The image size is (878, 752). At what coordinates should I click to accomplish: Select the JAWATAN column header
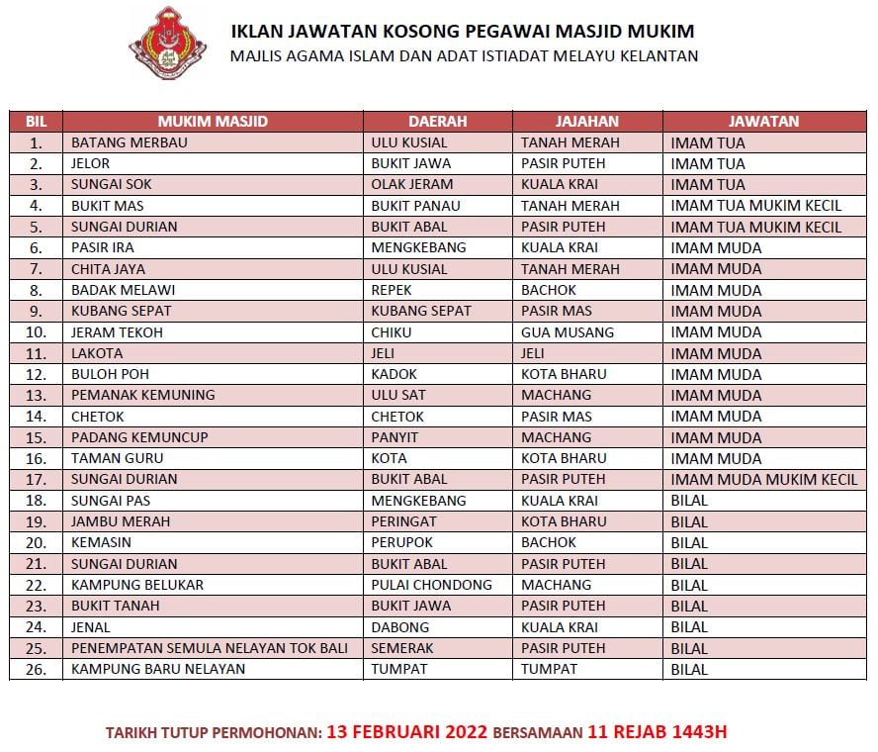(x=762, y=122)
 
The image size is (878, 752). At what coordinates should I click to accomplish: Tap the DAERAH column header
(x=437, y=122)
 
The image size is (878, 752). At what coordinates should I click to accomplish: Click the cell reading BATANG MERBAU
(x=130, y=142)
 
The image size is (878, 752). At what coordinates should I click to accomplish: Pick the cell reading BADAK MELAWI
(x=123, y=290)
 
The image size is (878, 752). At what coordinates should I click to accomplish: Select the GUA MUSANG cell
(x=568, y=332)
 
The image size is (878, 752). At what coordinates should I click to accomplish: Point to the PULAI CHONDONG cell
(x=431, y=585)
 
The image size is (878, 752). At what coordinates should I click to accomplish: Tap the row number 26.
(x=37, y=669)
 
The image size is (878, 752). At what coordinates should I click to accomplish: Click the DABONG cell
(x=399, y=627)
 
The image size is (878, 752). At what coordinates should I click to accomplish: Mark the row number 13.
(x=37, y=396)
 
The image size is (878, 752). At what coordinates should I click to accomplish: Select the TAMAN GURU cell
(x=118, y=458)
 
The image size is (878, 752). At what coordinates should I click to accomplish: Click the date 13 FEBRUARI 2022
(x=407, y=733)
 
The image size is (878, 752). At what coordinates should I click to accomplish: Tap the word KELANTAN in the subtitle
(x=658, y=55)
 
